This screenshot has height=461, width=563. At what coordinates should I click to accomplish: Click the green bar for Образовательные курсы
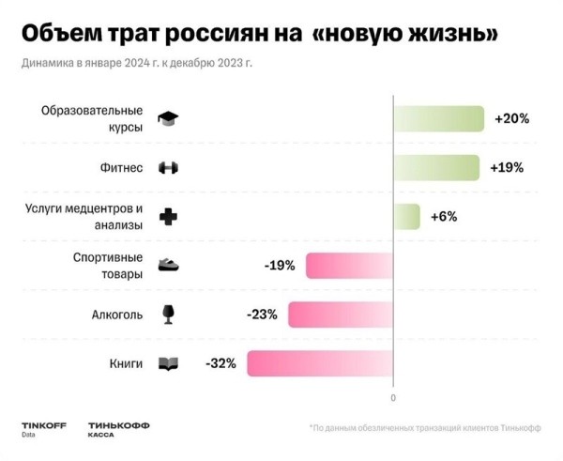(438, 119)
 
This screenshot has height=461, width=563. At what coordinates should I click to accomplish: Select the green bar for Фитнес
(436, 168)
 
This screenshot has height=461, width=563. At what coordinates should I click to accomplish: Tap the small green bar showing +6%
(406, 217)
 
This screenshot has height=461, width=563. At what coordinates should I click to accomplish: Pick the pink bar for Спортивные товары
(349, 266)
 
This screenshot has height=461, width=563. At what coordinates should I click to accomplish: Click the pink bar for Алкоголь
(340, 315)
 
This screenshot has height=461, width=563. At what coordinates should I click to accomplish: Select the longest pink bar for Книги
(320, 362)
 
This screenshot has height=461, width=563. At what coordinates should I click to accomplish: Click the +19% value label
(506, 168)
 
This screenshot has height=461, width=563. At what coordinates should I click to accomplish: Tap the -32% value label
(220, 362)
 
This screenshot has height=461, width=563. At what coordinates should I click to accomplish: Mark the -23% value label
(261, 315)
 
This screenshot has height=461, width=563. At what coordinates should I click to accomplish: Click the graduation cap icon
(168, 119)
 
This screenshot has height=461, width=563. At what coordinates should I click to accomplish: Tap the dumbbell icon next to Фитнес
(168, 168)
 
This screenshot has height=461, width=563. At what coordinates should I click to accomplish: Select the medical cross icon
(168, 217)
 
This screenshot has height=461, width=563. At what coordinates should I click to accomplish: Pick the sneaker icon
(168, 266)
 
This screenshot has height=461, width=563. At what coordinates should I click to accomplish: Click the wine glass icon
(168, 314)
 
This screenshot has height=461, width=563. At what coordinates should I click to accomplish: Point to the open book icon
(168, 363)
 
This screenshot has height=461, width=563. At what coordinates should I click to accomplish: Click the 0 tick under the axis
(393, 398)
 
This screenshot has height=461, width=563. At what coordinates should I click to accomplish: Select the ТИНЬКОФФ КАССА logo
(118, 429)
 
